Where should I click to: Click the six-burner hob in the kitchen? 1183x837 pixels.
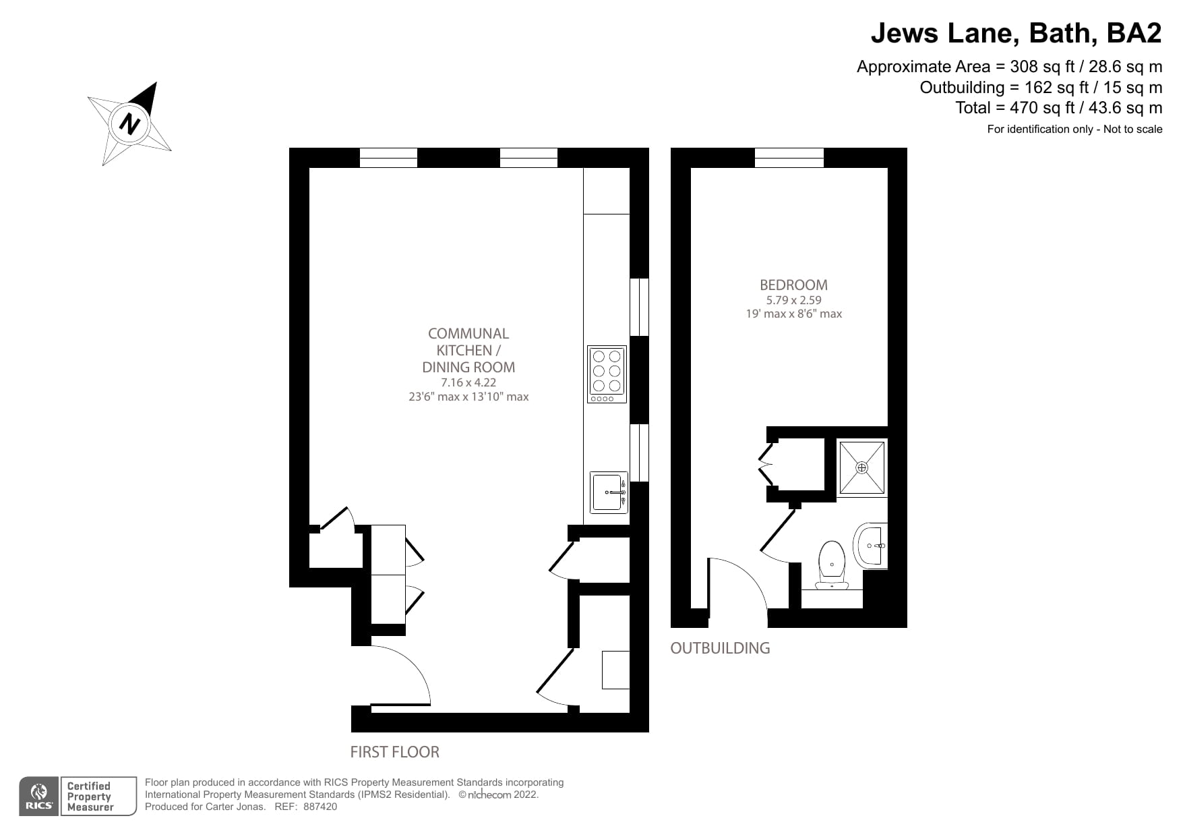click(607, 374)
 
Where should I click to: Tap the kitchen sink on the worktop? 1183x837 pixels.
click(608, 492)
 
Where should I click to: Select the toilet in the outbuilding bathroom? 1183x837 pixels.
click(832, 564)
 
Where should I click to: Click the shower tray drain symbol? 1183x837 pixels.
click(861, 467)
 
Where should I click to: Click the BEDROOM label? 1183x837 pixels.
click(793, 285)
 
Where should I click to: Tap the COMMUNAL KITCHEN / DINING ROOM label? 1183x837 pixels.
click(468, 350)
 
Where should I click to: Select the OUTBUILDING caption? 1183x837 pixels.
click(720, 648)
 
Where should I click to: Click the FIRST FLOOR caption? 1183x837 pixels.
click(394, 752)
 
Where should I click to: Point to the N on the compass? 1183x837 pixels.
click(129, 123)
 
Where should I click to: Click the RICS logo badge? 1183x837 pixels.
click(39, 797)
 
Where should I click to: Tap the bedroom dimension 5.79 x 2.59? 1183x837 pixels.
click(793, 300)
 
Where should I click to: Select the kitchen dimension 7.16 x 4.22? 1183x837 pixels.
click(468, 382)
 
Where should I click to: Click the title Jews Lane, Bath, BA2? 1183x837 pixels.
click(1016, 32)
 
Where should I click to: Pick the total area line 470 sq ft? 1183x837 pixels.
click(1058, 108)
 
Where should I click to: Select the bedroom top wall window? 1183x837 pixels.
click(789, 158)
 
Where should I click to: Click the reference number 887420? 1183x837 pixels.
click(320, 807)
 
